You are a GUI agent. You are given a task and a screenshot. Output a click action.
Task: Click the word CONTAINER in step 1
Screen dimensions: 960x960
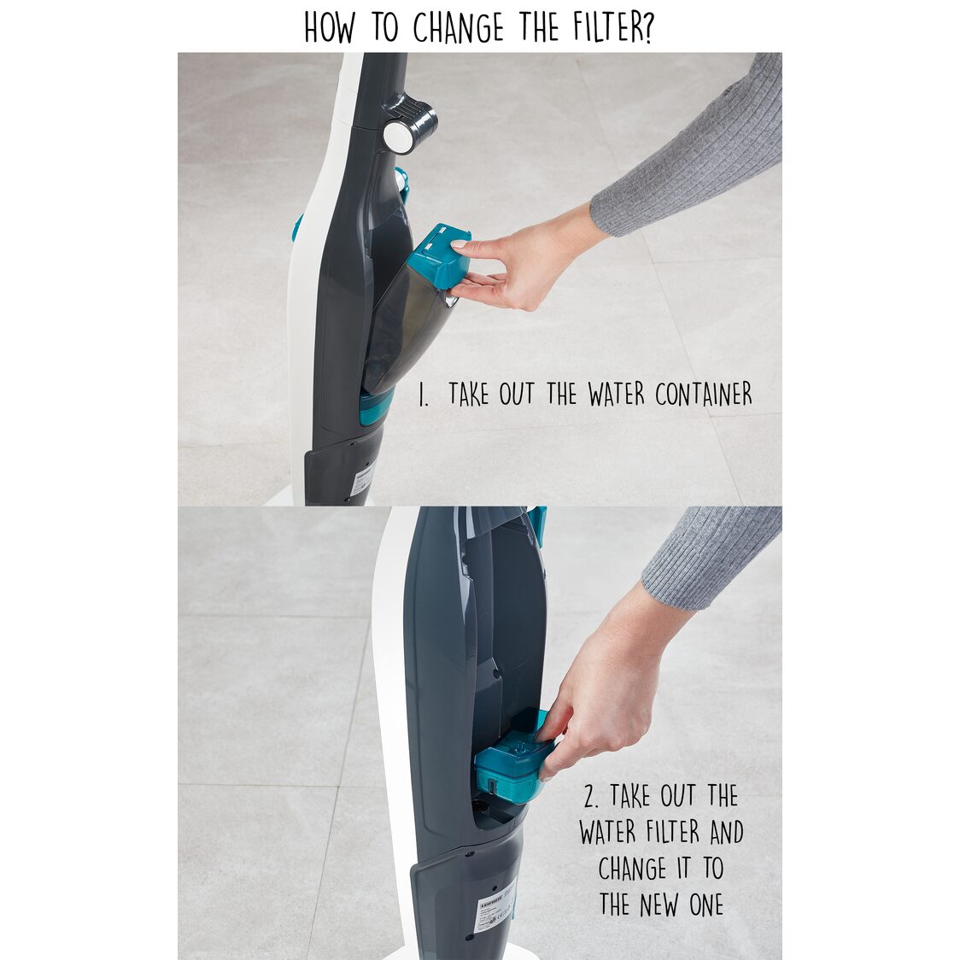[x=704, y=395]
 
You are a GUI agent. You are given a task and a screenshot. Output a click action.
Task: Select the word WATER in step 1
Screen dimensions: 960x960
[x=618, y=395]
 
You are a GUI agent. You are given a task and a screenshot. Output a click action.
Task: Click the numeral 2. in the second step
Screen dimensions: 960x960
[x=592, y=797]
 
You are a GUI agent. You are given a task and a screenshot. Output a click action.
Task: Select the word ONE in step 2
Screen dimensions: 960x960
[x=706, y=904]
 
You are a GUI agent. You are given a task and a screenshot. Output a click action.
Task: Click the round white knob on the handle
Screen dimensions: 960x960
[x=397, y=136]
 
